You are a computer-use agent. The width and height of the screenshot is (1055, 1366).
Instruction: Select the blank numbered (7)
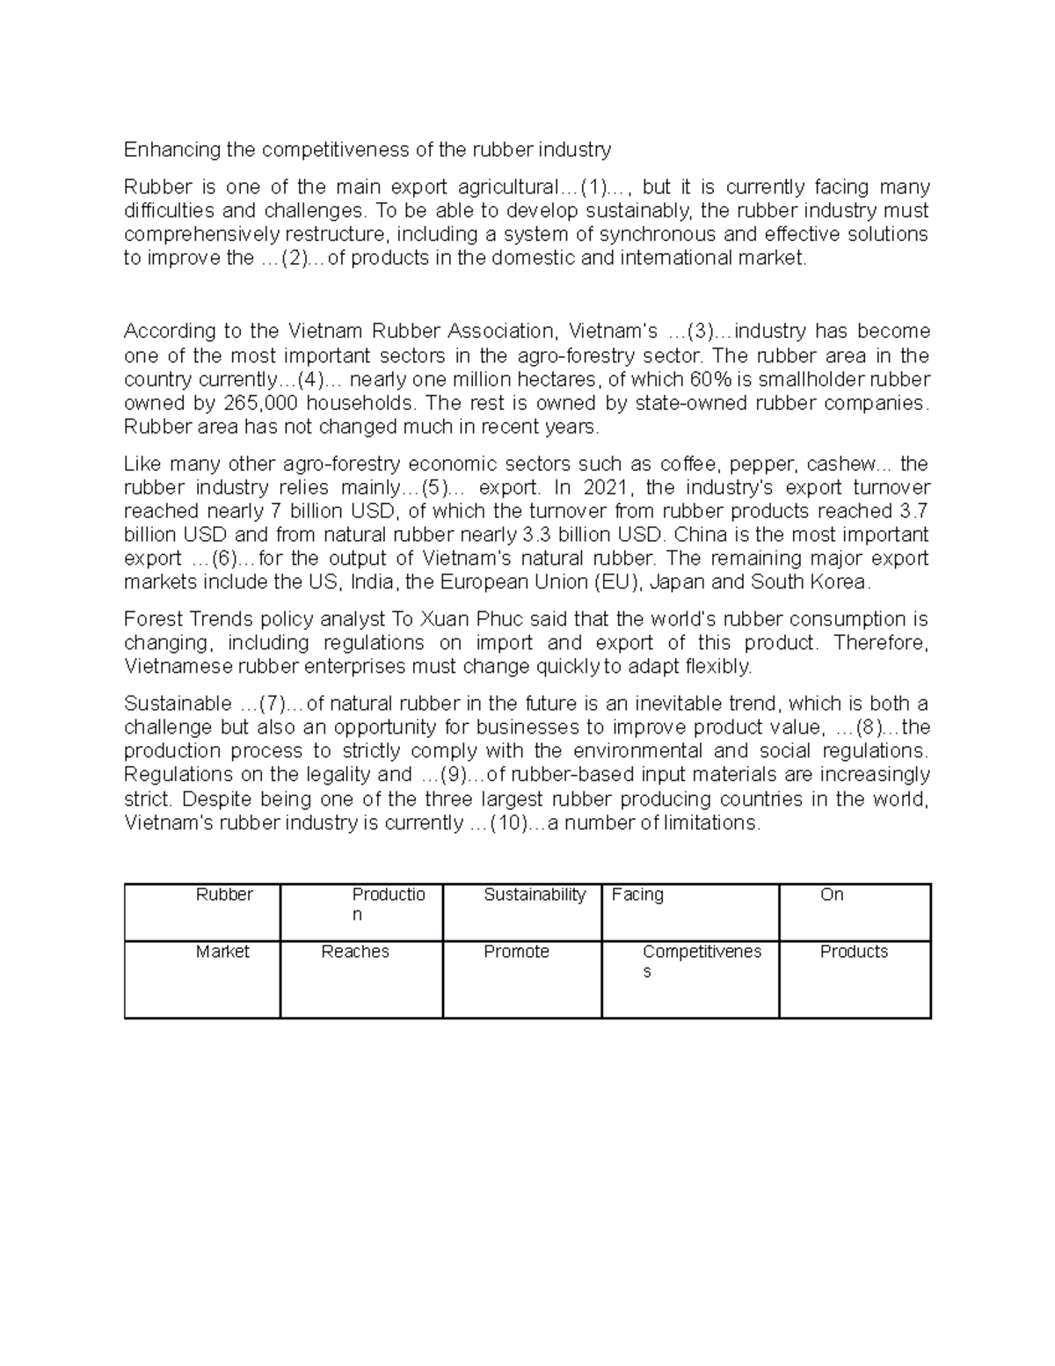coord(272,704)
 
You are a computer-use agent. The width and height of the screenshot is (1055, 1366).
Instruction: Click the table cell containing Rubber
coord(203,912)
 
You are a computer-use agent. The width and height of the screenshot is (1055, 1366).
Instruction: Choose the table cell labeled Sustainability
coord(522,912)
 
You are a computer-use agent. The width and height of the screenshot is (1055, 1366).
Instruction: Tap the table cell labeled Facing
coord(690,912)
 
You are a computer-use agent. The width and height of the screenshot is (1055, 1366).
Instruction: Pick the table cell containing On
coord(855,912)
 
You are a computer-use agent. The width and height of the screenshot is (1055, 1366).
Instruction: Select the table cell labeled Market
coord(203,979)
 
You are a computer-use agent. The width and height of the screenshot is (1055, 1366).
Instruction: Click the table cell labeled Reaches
coord(361,979)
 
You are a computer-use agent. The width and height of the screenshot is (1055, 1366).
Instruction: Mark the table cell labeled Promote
coord(522,979)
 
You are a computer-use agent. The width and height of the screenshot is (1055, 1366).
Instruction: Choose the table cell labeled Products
coord(855,979)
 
